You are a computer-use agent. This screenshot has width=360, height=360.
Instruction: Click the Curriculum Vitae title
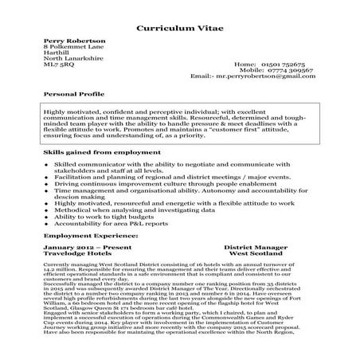[x=180, y=27]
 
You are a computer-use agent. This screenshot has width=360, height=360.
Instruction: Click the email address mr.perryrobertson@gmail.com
[x=264, y=76]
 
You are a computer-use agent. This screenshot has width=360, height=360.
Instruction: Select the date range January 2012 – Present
[x=83, y=248]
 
